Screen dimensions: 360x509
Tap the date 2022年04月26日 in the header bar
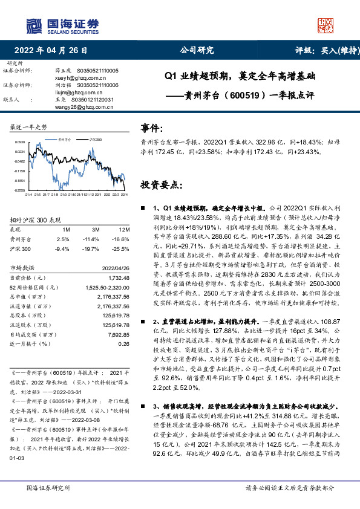[x=54, y=51]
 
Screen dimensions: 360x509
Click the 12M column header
[x=123, y=230]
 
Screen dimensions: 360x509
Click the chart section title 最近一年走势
[x=29, y=128]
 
